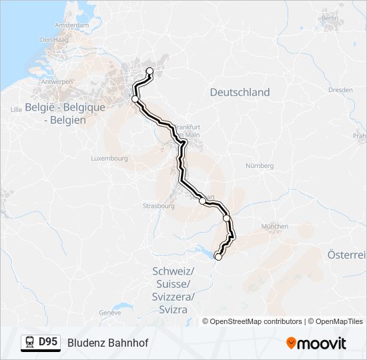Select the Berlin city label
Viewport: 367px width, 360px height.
(x=330, y=18)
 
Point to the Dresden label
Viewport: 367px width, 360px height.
(x=340, y=89)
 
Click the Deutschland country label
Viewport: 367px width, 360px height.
(x=240, y=93)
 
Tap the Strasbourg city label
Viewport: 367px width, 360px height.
(x=158, y=206)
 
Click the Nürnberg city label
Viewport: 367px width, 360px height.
(x=260, y=165)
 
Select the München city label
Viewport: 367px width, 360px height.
(x=274, y=227)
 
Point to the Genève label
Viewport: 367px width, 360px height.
(x=109, y=312)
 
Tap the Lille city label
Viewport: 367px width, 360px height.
(x=17, y=107)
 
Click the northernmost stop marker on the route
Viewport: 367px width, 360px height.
(x=149, y=71)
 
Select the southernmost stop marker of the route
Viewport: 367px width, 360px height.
(x=218, y=256)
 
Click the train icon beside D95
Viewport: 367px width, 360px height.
(x=31, y=343)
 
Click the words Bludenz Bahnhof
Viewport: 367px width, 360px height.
(x=107, y=343)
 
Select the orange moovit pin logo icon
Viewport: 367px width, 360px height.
(x=291, y=343)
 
